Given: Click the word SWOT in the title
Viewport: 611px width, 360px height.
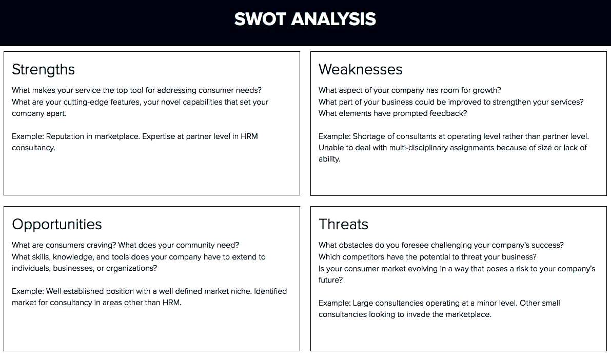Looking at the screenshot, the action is pos(260,19).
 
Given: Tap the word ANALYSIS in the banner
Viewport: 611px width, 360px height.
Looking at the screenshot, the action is pos(333,19).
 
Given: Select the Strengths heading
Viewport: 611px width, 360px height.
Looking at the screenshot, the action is pos(43,70).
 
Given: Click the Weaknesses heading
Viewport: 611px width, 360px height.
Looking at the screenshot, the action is pos(361,69).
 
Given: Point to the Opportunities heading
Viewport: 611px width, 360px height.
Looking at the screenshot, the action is pos(57,225).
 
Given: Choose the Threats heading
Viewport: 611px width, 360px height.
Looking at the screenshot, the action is pos(343,225).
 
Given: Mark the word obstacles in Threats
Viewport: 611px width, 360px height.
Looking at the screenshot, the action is pos(356,245).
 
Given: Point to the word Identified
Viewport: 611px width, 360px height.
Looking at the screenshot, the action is pos(270,291).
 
